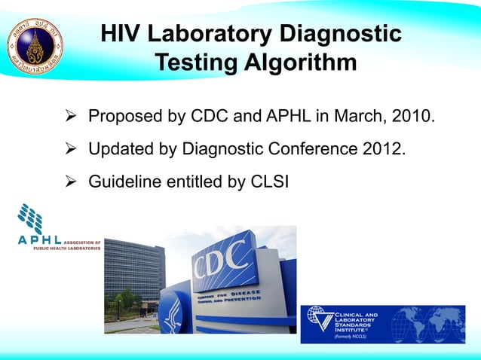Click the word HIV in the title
point(121,34)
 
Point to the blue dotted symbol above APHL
point(30,218)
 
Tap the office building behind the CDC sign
point(133,271)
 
